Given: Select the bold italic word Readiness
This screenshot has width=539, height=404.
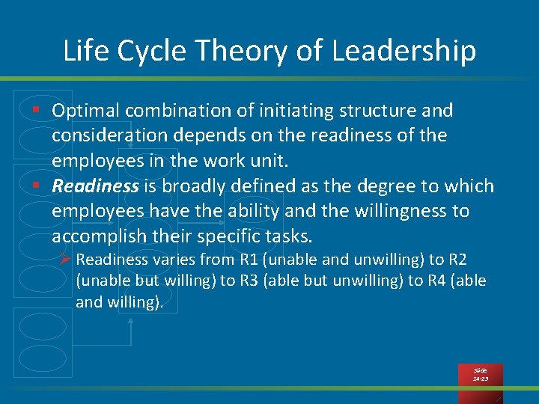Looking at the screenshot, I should point(95,186).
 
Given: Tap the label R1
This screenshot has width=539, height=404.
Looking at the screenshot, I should point(249,260).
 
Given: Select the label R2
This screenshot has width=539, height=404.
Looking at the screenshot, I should point(457,260).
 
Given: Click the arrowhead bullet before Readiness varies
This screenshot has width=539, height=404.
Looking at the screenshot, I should point(65,260).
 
